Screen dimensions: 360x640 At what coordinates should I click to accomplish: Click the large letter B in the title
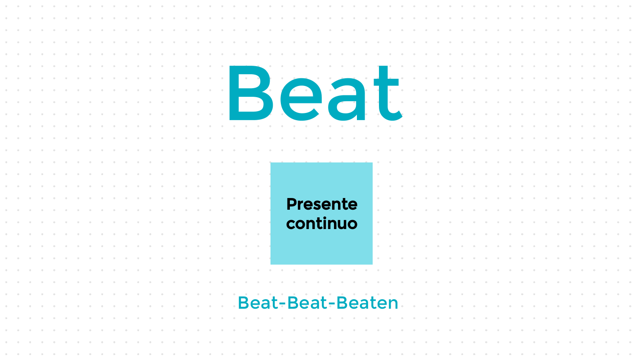[251, 94]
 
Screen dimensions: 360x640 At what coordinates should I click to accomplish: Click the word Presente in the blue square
[322, 204]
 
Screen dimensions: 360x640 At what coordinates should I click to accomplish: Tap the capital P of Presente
[291, 204]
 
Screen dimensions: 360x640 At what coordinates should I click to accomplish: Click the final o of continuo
[352, 224]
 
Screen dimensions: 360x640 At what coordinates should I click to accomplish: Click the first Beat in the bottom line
[258, 303]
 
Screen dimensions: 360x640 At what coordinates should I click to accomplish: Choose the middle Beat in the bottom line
[308, 303]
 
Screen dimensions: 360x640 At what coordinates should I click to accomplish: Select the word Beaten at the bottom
[368, 303]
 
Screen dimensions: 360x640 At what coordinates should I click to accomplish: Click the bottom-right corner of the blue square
[371, 263]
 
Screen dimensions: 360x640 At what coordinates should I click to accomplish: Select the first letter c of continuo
[291, 224]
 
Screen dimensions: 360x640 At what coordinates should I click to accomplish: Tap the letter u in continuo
[342, 224]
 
